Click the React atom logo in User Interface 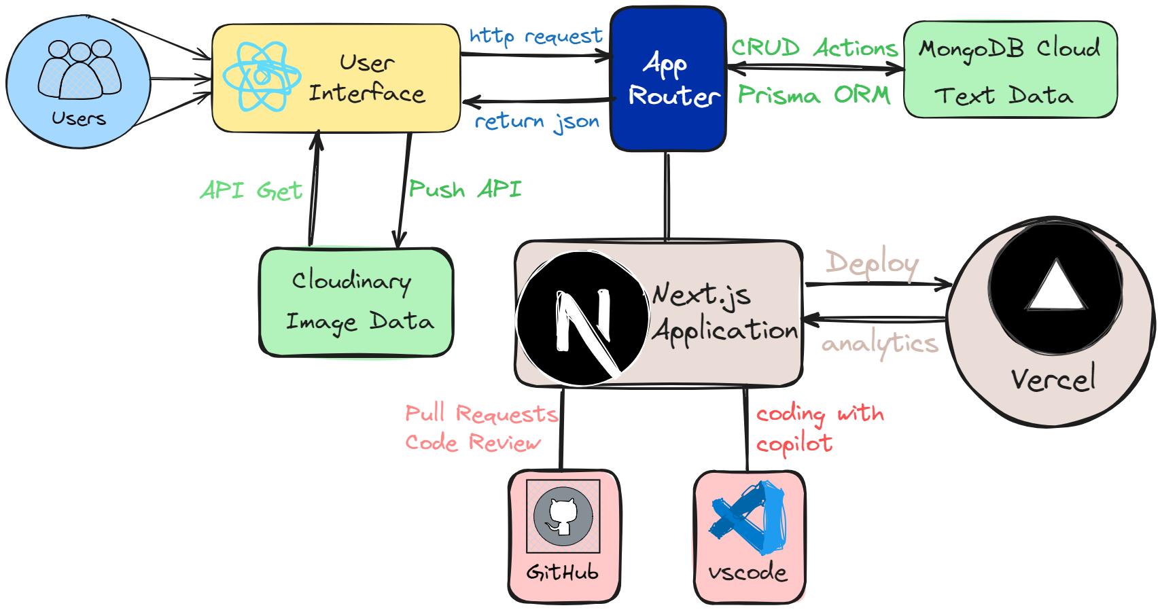[262, 77]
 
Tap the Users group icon [80, 69]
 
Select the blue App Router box [668, 79]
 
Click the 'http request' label [535, 36]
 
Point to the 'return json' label [537, 122]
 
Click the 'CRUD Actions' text [814, 48]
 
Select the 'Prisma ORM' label [814, 94]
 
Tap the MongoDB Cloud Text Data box [1010, 70]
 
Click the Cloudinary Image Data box [356, 302]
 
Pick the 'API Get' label [251, 191]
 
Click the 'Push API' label [465, 189]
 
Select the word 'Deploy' [872, 263]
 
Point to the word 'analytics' [880, 344]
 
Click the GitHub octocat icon [563, 517]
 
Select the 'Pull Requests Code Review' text [481, 428]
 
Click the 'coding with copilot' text [819, 428]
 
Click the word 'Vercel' [1053, 379]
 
